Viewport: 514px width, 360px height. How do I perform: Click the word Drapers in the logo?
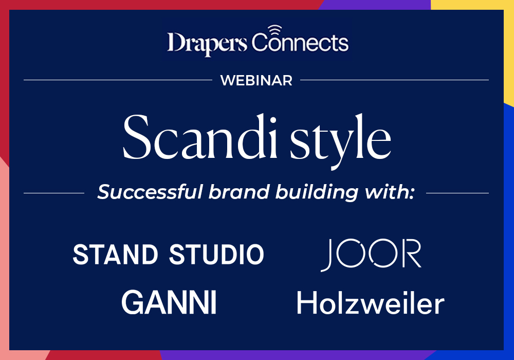click(207, 43)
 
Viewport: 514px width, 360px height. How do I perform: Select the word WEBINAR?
click(256, 80)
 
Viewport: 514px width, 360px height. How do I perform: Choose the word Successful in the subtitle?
click(150, 192)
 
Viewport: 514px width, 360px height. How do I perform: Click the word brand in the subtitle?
click(239, 192)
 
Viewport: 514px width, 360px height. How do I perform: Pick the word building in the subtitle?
click(317, 193)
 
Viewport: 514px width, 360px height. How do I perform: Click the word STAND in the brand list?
click(115, 255)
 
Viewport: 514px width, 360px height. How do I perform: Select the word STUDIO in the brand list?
click(217, 255)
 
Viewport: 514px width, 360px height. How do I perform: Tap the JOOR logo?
click(371, 255)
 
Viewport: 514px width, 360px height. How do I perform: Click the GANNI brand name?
click(169, 302)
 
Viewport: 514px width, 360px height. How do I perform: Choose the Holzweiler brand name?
click(371, 302)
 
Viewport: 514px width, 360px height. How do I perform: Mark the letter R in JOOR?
click(411, 254)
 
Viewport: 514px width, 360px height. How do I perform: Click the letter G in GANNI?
click(134, 302)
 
